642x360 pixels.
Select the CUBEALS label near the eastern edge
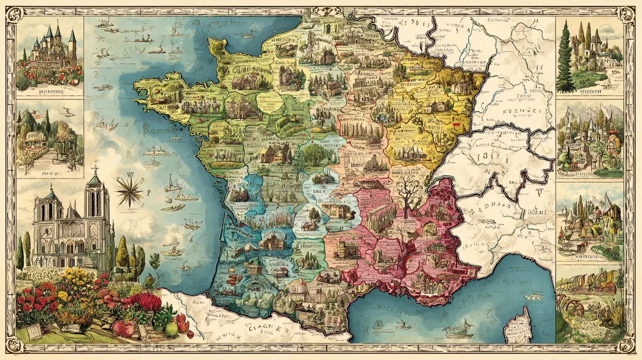coord(534,213)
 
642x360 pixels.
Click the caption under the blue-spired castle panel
coord(49,91)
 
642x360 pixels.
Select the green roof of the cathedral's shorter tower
coord(51,195)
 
